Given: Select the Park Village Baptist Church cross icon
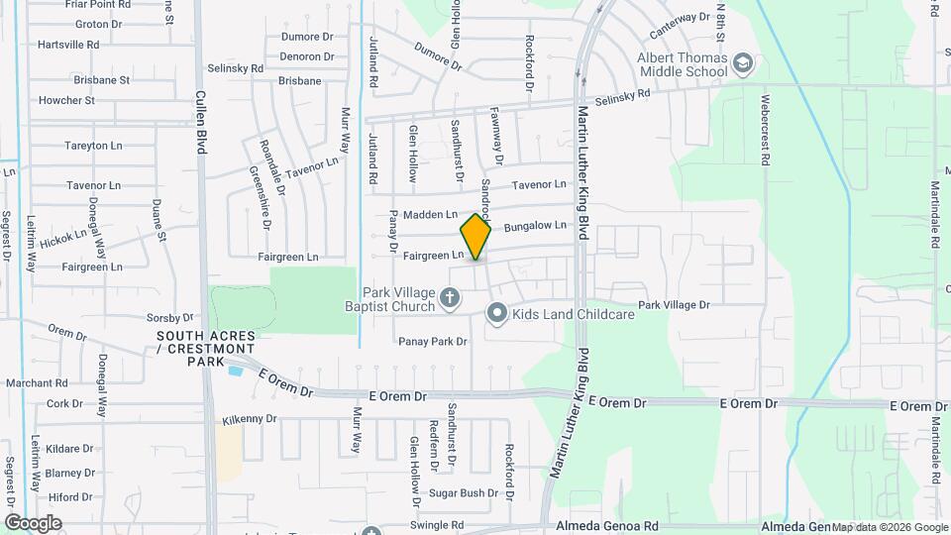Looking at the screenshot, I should (449, 296).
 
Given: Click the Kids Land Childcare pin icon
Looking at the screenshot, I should (497, 314).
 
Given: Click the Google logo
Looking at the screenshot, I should (32, 523).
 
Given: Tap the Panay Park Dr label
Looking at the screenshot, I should (432, 342).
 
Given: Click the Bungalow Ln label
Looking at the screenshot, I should (535, 226).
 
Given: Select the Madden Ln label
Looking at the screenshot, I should (430, 214).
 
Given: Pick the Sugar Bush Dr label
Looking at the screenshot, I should (463, 492).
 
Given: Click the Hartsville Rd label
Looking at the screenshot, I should (67, 45).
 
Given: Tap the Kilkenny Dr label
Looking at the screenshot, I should (249, 419).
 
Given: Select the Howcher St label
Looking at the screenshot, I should (66, 100).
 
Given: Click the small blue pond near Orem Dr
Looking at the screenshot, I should (235, 371).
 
